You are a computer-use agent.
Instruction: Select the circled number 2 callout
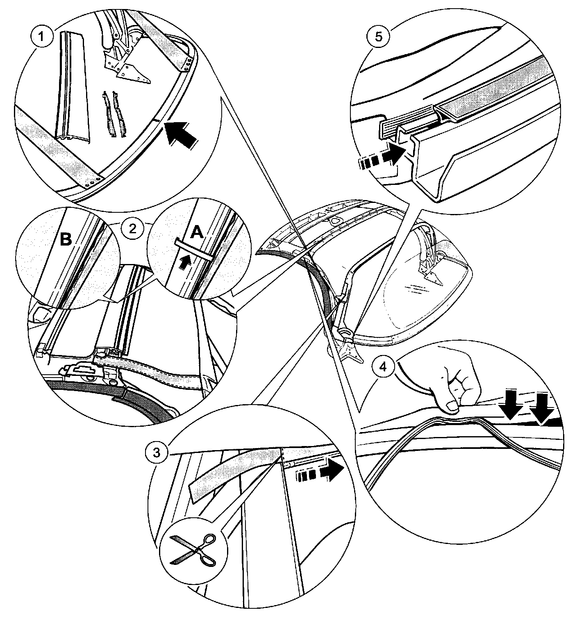132,228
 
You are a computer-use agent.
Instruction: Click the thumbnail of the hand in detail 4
452,406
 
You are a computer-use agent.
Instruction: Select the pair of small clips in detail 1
113,113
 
